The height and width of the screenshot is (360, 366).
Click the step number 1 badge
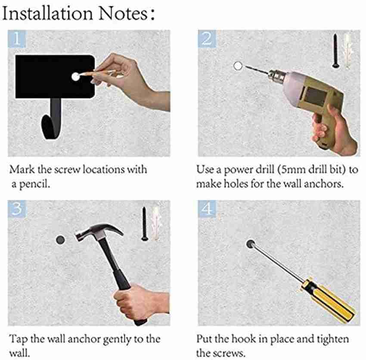16,39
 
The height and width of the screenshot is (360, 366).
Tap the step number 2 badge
207,39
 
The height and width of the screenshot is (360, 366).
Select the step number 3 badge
16,209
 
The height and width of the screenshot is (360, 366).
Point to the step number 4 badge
207,209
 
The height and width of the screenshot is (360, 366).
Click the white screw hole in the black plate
76,77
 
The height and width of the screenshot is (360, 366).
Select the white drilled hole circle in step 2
238,66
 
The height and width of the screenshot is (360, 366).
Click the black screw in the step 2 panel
335,51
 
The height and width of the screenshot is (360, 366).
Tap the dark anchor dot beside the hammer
60,240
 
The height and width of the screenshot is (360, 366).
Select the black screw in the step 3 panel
145,223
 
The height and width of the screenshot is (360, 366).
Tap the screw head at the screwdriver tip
250,244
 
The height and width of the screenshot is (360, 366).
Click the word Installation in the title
47,13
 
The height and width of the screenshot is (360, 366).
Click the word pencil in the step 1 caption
34,184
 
